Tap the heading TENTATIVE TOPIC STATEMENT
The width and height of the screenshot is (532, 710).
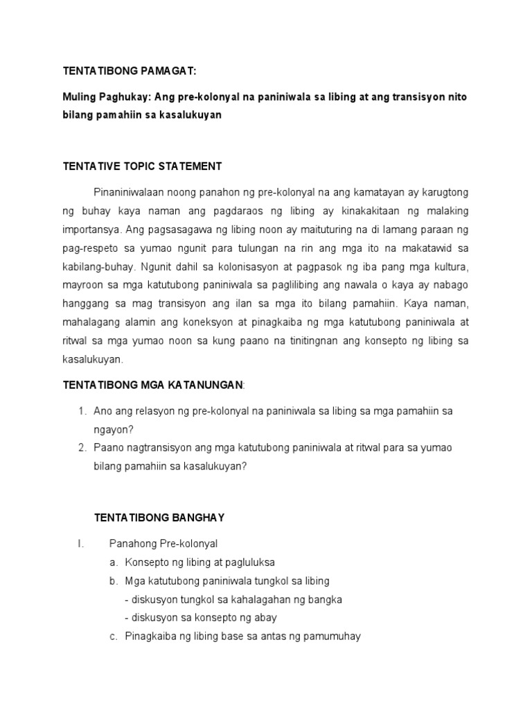tap(142, 166)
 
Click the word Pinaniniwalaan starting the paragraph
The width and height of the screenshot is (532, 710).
tap(130, 191)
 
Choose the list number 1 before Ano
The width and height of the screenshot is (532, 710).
tap(81, 411)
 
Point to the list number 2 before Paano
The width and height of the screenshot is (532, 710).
tap(81, 448)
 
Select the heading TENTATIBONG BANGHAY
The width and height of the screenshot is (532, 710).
tap(159, 517)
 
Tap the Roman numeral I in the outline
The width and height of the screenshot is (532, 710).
tap(80, 544)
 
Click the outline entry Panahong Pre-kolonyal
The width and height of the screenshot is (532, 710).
tap(163, 544)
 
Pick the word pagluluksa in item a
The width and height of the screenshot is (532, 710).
tap(240, 562)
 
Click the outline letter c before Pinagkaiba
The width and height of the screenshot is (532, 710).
tap(114, 636)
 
